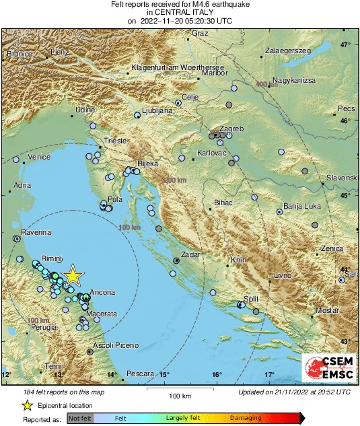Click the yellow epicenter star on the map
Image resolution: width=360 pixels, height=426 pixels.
click(x=72, y=276)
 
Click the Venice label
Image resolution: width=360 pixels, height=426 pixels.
click(x=39, y=157)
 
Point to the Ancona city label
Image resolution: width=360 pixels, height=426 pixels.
click(x=102, y=293)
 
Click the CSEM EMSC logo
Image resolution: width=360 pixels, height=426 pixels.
click(x=329, y=369)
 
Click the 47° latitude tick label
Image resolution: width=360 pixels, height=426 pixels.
click(x=345, y=45)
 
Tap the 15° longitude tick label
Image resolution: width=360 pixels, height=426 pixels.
click(x=164, y=374)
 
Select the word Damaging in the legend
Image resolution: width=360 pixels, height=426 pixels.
click(x=246, y=418)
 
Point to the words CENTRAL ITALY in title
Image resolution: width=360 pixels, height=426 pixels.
click(x=180, y=12)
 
